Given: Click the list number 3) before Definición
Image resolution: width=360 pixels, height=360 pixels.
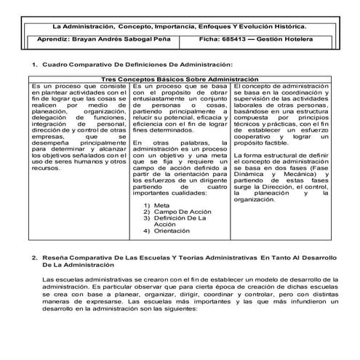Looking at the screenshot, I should (x=147, y=219).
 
